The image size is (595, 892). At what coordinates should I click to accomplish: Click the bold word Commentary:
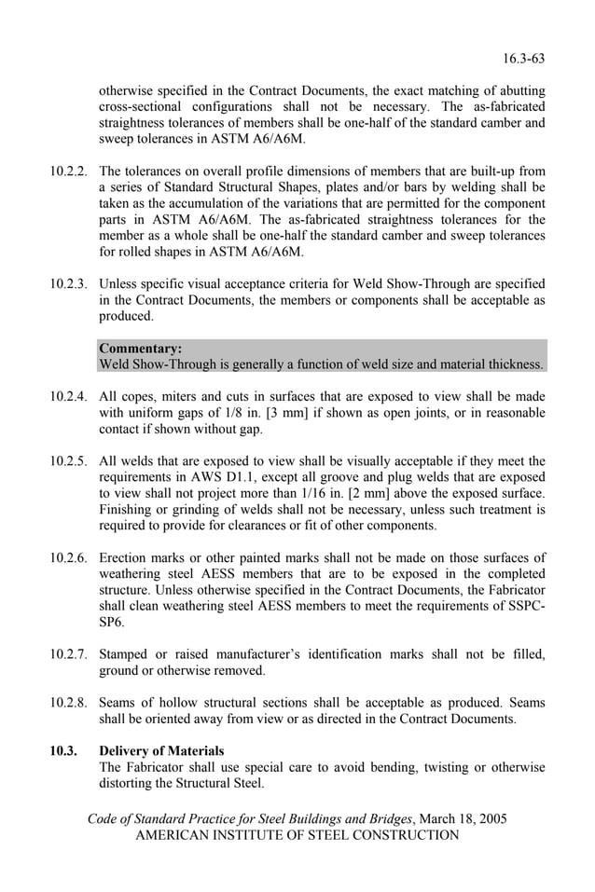coord(141,348)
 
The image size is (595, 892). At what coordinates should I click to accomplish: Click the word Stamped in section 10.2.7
coord(126,654)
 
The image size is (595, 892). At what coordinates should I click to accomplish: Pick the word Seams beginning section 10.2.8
coord(120,703)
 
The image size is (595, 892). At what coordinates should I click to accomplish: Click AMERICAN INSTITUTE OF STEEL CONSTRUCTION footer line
coord(297,835)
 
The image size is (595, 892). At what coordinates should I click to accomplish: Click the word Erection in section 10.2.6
coord(125,557)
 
